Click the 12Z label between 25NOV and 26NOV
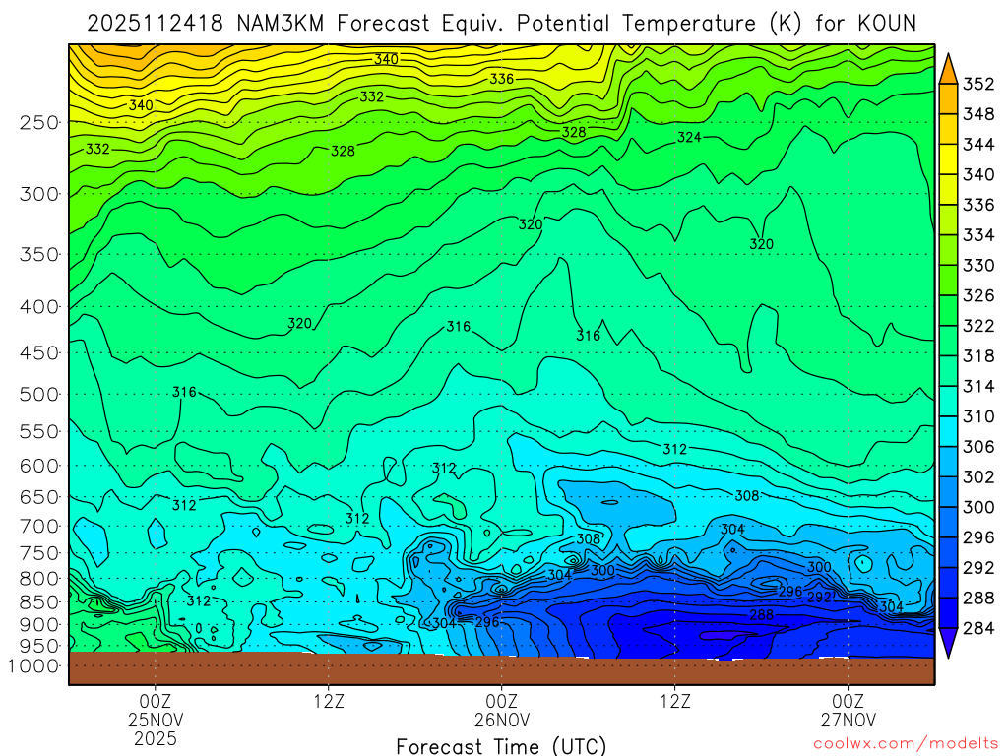(328, 701)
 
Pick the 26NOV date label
(501, 720)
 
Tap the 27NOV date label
(848, 720)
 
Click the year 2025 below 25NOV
(156, 738)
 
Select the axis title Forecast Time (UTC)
(501, 745)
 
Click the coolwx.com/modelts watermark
(905, 744)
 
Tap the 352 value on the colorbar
(977, 84)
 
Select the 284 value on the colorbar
(977, 628)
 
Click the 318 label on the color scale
(977, 355)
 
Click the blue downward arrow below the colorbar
(949, 645)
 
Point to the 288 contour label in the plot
(761, 615)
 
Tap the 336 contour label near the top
(502, 79)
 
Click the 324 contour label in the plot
(689, 137)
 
